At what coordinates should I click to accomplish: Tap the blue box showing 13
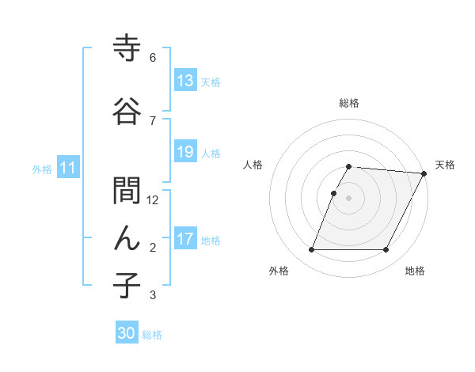click(184, 82)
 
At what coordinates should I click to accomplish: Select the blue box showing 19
click(184, 153)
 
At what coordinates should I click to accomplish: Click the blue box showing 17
click(184, 240)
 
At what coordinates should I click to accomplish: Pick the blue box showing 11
click(67, 168)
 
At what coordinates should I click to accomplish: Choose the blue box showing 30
click(127, 334)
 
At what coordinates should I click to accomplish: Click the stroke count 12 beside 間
click(154, 200)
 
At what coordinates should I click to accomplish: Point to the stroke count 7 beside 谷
click(153, 120)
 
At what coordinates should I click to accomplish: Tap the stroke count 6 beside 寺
click(153, 58)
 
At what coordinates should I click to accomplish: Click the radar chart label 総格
click(349, 103)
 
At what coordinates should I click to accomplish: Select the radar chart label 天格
click(445, 165)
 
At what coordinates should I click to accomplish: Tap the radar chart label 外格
click(279, 271)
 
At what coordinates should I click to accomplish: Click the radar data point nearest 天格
click(425, 173)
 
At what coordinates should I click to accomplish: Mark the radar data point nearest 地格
click(386, 250)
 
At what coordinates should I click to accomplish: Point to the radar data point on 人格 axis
click(334, 193)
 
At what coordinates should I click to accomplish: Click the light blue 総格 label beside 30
click(152, 335)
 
